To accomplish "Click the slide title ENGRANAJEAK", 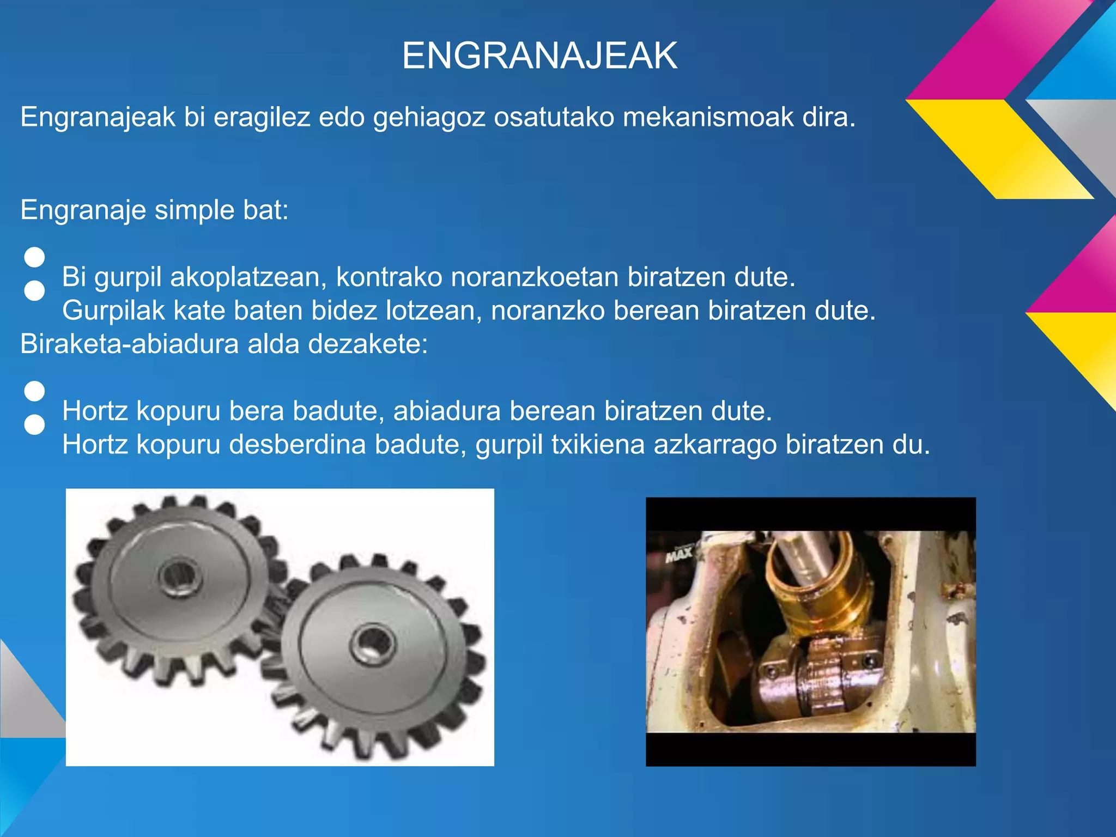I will pyautogui.click(x=539, y=56).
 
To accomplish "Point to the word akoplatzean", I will pyautogui.click(x=248, y=277).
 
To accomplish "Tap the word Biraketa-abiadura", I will pyautogui.click(x=130, y=344).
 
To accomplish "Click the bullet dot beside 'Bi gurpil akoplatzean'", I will pyautogui.click(x=34, y=257).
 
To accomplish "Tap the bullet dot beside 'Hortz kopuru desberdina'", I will pyautogui.click(x=34, y=424).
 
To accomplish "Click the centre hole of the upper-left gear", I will pyautogui.click(x=179, y=577).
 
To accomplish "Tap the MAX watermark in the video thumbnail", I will pyautogui.click(x=679, y=554).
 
